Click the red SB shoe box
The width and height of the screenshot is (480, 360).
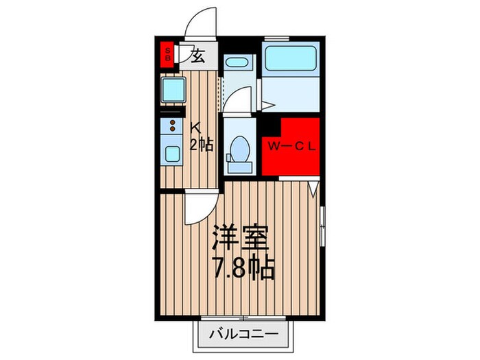[167, 54]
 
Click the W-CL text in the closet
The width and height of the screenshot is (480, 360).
[291, 145]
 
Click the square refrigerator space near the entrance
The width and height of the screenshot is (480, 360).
[172, 89]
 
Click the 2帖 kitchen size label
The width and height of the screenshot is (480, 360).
[202, 144]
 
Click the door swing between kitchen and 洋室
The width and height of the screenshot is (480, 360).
[197, 206]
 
